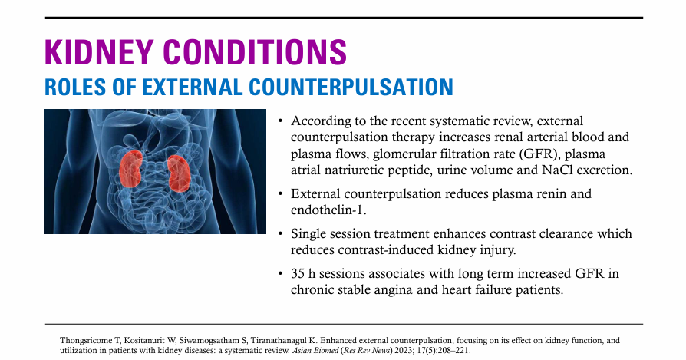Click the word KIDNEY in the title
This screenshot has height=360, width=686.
(x=98, y=52)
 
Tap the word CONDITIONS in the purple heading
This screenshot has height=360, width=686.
(x=255, y=52)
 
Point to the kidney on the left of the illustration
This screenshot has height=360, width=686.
(x=130, y=168)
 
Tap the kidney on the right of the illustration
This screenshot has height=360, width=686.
(x=179, y=173)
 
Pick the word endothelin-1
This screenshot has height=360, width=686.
(x=328, y=210)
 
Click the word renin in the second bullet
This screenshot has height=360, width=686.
(x=546, y=193)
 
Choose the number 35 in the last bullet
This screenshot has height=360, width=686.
(x=298, y=274)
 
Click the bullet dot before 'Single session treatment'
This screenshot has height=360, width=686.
(x=280, y=233)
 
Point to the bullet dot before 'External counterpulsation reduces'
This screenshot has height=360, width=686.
(x=280, y=193)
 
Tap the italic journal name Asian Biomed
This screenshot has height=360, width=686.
(x=315, y=350)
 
